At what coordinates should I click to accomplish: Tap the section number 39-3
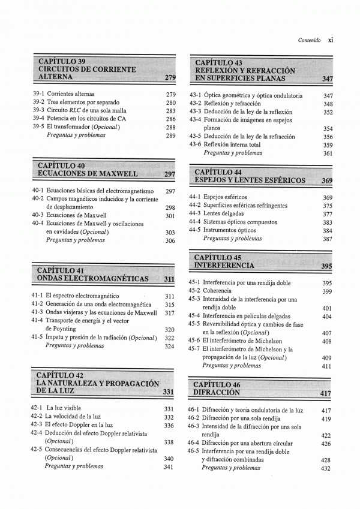(39, 111)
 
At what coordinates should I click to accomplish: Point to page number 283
(170, 111)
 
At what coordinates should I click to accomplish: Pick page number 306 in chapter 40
(170, 240)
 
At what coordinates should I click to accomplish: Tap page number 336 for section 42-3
(169, 425)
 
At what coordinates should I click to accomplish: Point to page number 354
(328, 128)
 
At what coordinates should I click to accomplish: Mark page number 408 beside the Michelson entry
(327, 341)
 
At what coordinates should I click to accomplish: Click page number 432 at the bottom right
(326, 468)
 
